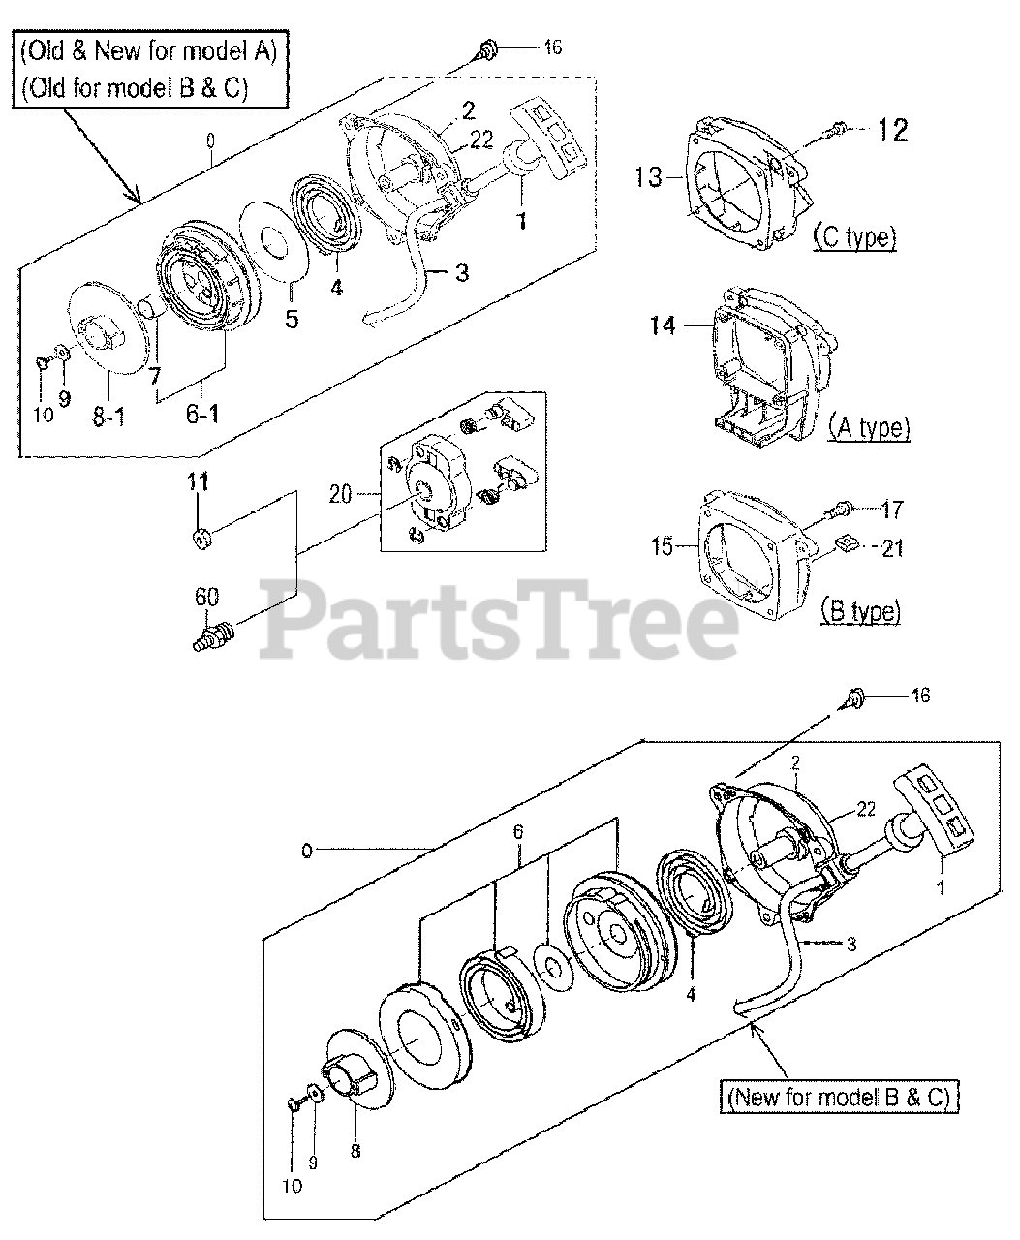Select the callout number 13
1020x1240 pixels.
point(648,176)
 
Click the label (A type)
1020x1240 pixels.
point(869,426)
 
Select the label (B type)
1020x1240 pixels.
point(860,611)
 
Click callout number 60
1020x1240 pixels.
point(206,597)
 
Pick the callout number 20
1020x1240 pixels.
point(340,494)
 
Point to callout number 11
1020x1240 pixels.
point(199,481)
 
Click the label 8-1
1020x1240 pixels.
point(108,416)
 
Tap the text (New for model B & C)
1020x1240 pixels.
point(840,1098)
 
